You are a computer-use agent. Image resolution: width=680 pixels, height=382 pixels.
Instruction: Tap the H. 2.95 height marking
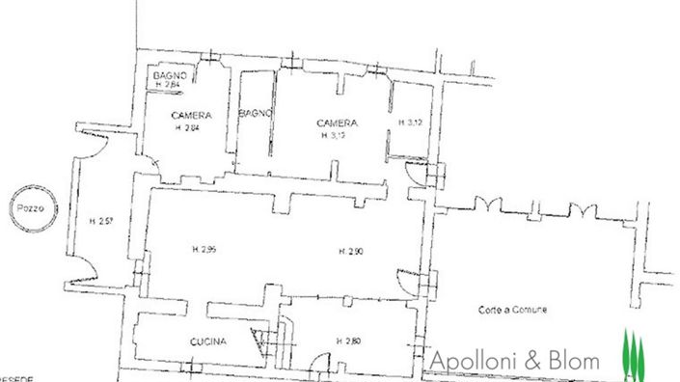click(x=204, y=249)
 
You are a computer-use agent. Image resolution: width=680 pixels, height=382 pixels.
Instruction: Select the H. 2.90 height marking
click(x=351, y=252)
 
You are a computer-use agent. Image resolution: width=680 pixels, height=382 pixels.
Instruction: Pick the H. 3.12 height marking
click(x=410, y=123)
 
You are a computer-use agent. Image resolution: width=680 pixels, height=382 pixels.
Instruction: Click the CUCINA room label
click(x=208, y=341)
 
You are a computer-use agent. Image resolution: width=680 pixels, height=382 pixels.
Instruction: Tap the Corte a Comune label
click(x=512, y=310)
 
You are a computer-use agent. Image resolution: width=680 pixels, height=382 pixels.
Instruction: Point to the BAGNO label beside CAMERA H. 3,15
click(x=256, y=113)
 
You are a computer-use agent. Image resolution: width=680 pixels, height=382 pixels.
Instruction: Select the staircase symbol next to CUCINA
click(x=262, y=338)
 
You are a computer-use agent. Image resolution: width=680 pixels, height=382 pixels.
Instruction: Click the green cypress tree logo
click(x=633, y=353)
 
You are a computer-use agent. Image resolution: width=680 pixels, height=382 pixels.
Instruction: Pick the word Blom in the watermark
click(x=575, y=360)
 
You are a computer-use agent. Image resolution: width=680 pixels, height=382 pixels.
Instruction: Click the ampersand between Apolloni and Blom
click(x=530, y=361)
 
